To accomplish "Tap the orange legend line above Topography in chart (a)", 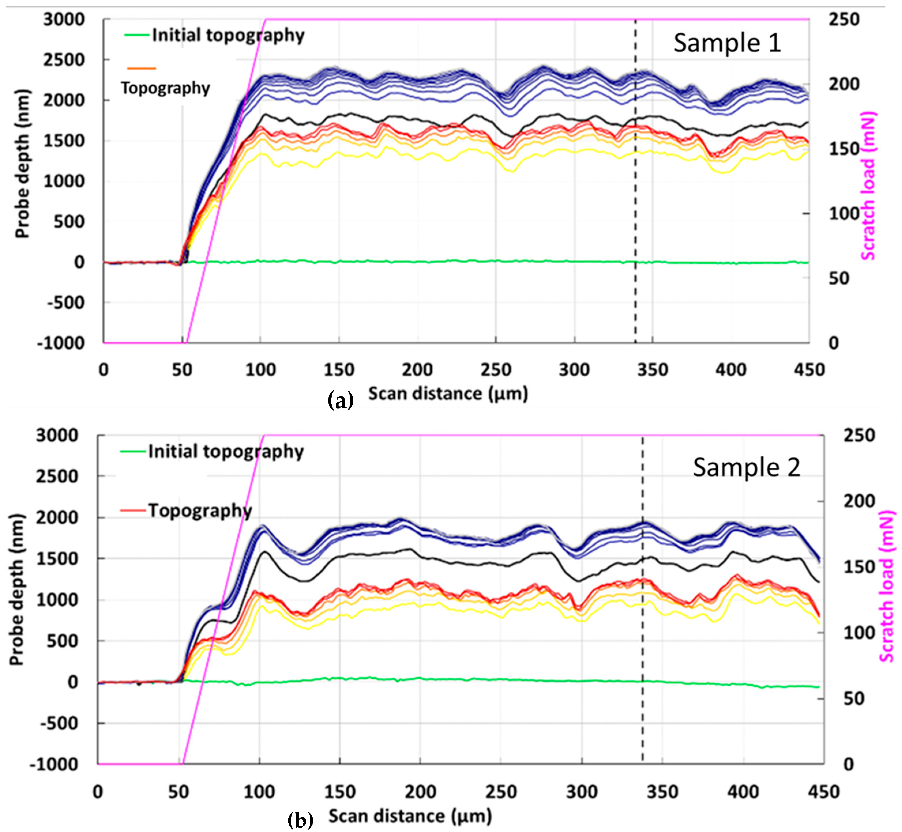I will [x=142, y=69].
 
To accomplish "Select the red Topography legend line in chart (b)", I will [x=133, y=510].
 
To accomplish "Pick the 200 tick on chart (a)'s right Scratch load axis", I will [x=844, y=84].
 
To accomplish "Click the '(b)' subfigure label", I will [x=300, y=820].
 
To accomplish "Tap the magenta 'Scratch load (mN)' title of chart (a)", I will [x=868, y=185].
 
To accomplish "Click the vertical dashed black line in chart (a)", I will [x=635, y=203].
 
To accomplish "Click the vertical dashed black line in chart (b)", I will [x=642, y=630].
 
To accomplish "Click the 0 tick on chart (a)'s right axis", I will [x=834, y=343].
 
